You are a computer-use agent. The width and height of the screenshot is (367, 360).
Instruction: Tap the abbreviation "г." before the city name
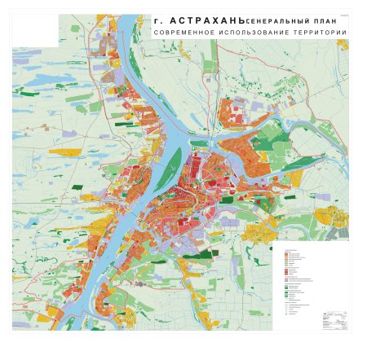(x=157, y=17)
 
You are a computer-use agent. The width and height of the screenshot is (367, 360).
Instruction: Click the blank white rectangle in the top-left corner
(x=35, y=31)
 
